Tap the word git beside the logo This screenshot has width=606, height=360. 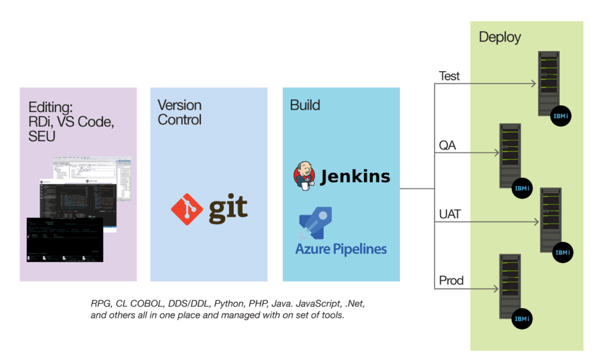[228, 208]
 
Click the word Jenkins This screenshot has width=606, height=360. [355, 176]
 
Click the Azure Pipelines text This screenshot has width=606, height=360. [341, 249]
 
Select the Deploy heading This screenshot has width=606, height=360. [499, 37]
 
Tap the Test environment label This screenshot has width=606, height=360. [449, 76]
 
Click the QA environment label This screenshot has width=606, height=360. [447, 145]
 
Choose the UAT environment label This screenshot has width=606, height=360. [450, 214]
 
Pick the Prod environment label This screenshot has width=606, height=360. [451, 280]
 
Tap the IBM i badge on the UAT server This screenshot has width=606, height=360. [562, 252]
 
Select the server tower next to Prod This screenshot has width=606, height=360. [510, 287]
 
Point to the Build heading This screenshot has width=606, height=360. [305, 105]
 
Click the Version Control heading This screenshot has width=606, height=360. [179, 112]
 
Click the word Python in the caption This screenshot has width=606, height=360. [228, 304]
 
